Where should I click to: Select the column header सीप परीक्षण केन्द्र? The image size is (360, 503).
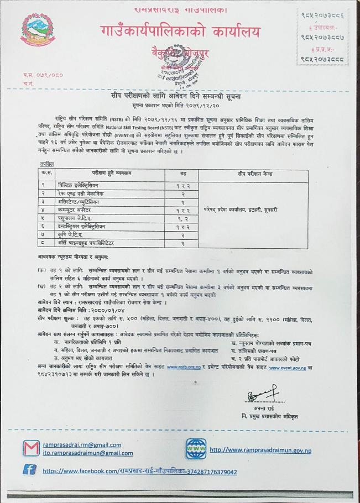click(x=258, y=172)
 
